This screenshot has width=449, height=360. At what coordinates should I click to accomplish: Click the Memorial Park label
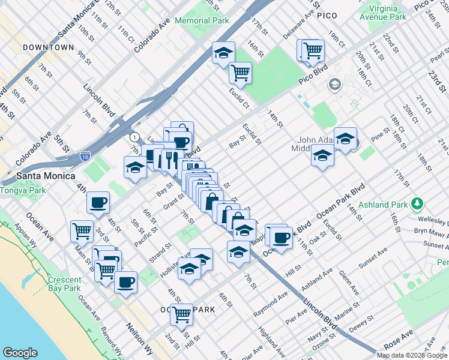pyautogui.click(x=202, y=20)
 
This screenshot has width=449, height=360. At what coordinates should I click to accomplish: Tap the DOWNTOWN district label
pyautogui.click(x=48, y=47)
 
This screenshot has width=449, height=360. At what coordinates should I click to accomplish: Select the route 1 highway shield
pyautogui.click(x=137, y=137)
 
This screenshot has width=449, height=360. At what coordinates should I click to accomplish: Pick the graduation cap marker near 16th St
pyautogui.click(x=223, y=53)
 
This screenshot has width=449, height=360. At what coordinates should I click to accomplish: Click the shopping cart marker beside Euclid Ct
pyautogui.click(x=240, y=73)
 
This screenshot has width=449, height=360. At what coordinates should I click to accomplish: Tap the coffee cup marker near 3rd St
pyautogui.click(x=98, y=203)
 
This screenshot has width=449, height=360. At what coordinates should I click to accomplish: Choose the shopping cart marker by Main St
pyautogui.click(x=82, y=230)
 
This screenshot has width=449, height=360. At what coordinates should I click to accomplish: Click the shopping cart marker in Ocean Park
pyautogui.click(x=181, y=314)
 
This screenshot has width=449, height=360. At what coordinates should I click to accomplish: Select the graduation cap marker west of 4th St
pyautogui.click(x=135, y=167)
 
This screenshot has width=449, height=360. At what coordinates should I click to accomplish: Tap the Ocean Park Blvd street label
pyautogui.click(x=340, y=205)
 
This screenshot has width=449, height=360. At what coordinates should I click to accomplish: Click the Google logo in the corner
pyautogui.click(x=20, y=353)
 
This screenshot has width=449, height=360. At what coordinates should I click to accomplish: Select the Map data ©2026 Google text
pyautogui.click(x=412, y=355)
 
